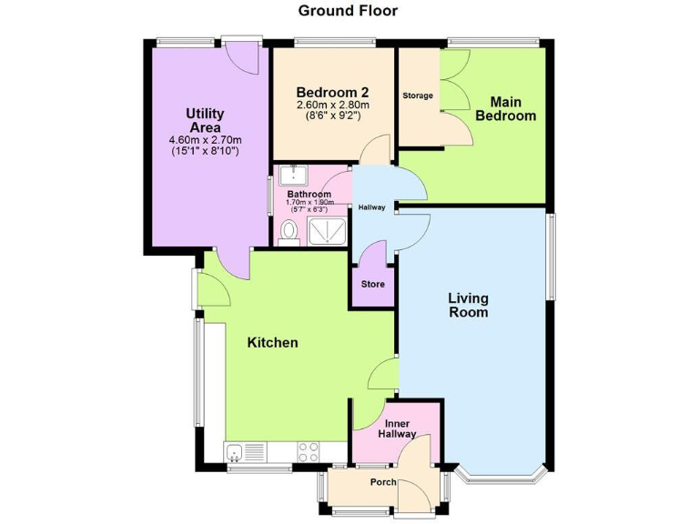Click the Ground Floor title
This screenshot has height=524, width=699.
click(349, 11)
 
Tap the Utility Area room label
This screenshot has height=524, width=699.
click(205, 120)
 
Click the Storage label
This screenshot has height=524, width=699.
click(418, 96)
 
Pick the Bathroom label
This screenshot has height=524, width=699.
click(309, 195)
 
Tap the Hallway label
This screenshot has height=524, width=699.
click(371, 207)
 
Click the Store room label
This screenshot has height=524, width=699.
click(373, 284)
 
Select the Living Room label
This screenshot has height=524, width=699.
click(468, 305)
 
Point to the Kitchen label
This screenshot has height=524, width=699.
click(273, 343)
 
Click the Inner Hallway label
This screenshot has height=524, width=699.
click(400, 428)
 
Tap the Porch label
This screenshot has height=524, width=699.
click(382, 481)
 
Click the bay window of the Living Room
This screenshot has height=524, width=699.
click(501, 476)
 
